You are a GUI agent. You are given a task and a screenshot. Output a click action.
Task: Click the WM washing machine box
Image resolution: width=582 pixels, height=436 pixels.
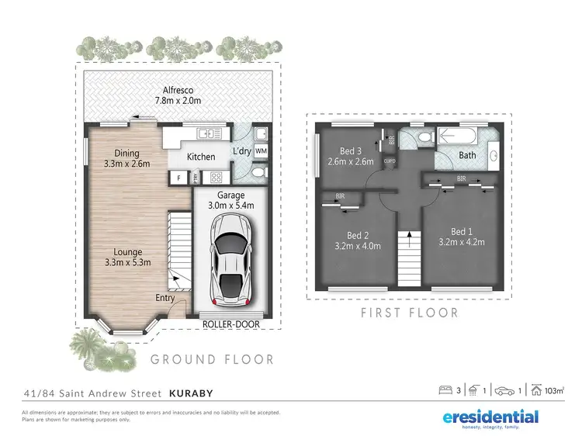tap(261, 151)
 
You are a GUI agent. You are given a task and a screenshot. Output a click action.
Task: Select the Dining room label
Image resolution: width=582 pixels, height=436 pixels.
tap(127, 153)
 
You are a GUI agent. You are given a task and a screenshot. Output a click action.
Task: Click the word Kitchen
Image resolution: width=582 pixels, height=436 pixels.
tap(201, 157)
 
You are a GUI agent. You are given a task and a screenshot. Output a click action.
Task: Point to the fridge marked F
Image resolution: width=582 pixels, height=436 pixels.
tap(178, 178)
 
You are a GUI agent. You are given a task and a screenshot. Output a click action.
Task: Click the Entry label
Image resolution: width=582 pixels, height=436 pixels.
tap(165, 298)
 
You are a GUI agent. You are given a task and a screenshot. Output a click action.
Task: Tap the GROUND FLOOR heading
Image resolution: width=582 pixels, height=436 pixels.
tap(212, 359)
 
